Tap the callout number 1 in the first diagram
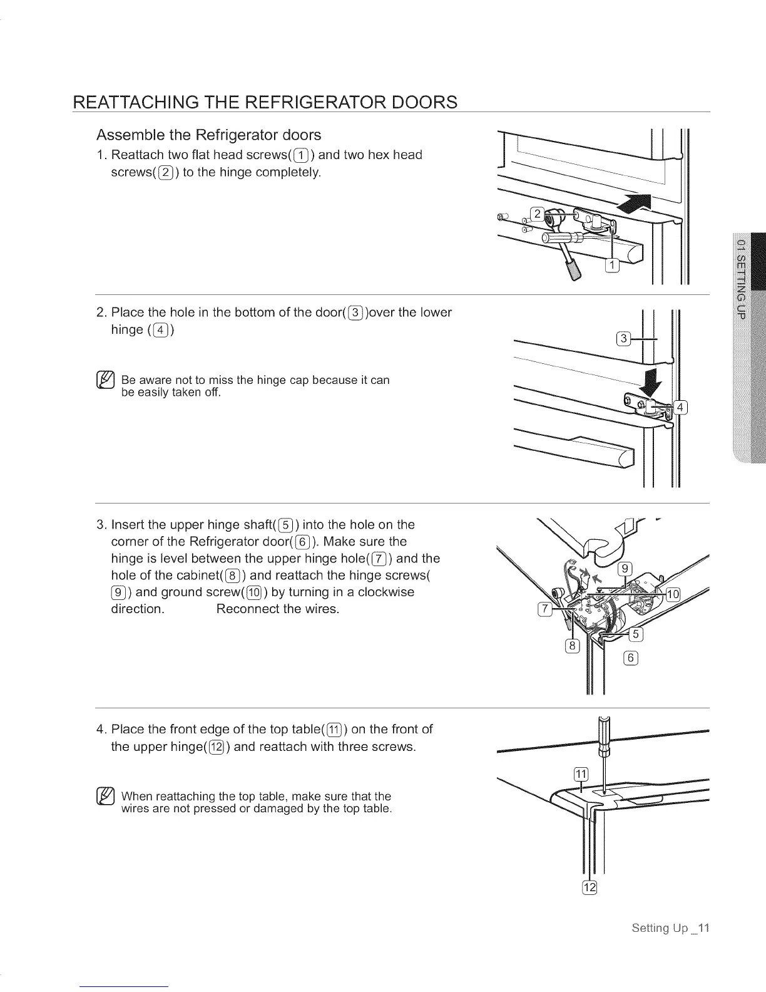[x=612, y=266]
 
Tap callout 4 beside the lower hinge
[x=681, y=408]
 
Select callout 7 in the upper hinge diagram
[x=544, y=611]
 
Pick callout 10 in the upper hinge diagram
[x=673, y=594]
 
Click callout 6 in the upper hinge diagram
[x=631, y=657]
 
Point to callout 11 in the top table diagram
[x=581, y=774]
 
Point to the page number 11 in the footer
[x=703, y=928]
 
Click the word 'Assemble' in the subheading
[x=126, y=135]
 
